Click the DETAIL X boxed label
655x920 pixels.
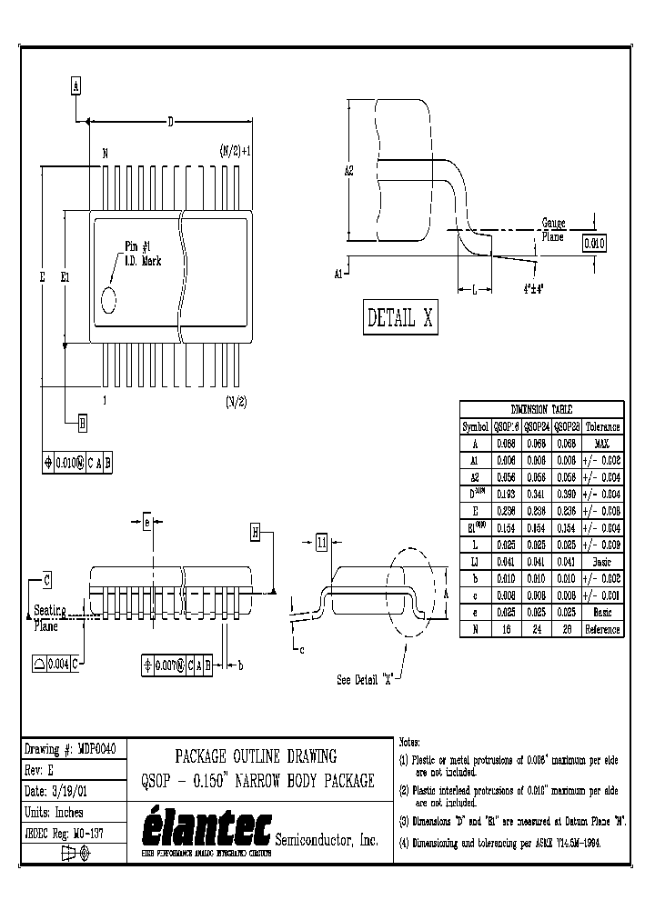pos(400,318)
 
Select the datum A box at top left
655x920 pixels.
pos(76,86)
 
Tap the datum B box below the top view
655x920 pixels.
pos(82,423)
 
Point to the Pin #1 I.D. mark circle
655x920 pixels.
pos(108,299)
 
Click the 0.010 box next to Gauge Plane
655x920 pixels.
pos(593,243)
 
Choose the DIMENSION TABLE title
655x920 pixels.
pos(542,409)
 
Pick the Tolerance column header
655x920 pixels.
pos(602,426)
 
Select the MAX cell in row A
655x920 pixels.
pos(602,443)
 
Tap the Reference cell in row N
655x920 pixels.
pos(602,629)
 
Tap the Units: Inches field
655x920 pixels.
pos(57,813)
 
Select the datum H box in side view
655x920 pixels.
pos(256,533)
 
